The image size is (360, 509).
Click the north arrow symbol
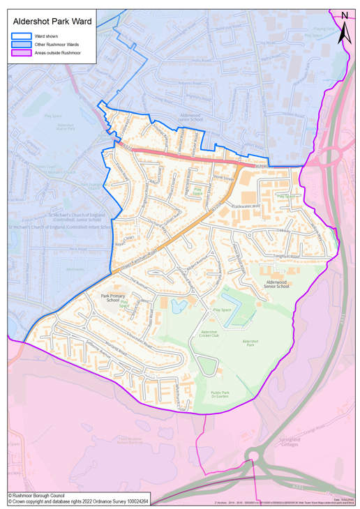(x=344, y=29)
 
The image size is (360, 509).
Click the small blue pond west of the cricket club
(x=177, y=305)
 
